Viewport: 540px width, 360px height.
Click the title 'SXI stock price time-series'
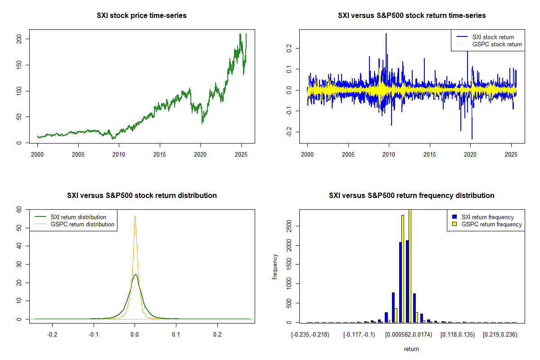click(142, 16)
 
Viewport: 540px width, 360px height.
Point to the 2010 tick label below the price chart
click(119, 154)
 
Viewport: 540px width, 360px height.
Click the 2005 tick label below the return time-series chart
click(348, 154)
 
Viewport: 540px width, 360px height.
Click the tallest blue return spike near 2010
click(386, 34)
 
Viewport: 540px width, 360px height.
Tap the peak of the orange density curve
click(135, 216)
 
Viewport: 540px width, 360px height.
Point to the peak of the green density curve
click(135, 274)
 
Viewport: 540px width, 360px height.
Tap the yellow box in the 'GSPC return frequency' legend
click(455, 224)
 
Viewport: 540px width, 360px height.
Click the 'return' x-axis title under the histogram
click(411, 349)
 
